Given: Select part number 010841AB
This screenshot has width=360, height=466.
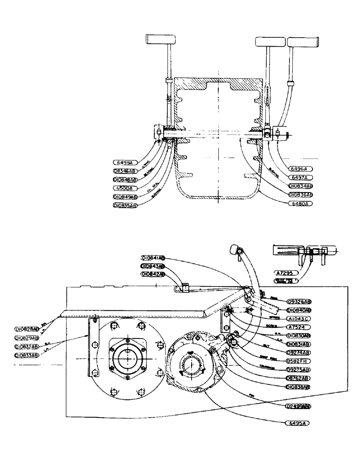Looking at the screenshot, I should pos(154,257).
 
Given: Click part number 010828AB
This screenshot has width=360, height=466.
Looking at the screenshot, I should pos(27,329).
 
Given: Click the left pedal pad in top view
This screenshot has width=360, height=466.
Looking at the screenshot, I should pos(158,38).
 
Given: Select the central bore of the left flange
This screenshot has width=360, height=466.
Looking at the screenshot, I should pos(125,359).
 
